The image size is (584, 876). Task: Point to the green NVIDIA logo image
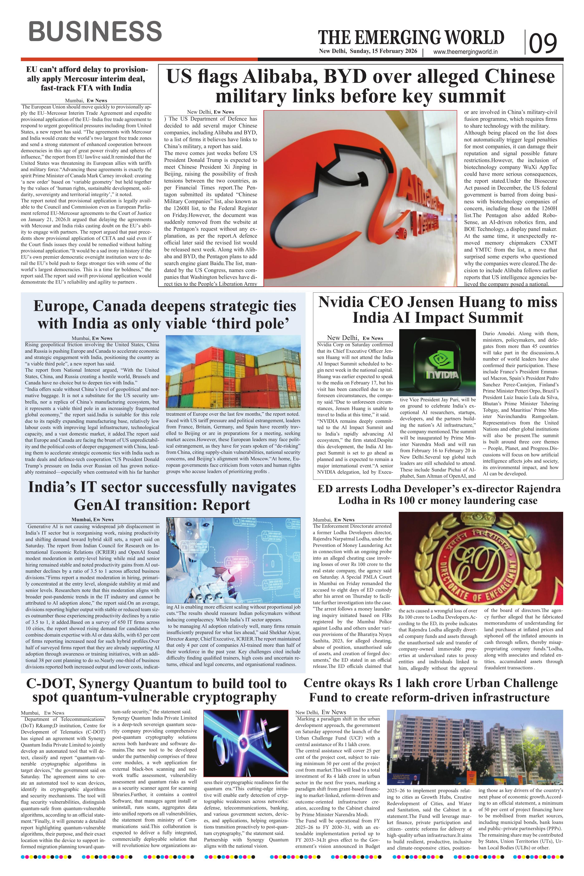(x=437, y=362)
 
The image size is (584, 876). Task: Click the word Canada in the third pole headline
(x=119, y=307)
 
